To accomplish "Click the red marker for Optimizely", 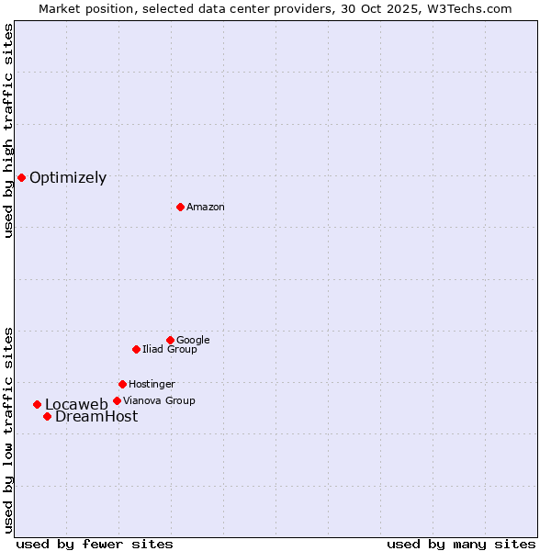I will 21,177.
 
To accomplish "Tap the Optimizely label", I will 68,178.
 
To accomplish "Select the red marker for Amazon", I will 180,207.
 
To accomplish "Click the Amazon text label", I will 206,208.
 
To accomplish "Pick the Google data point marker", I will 170,340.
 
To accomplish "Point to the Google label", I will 193,341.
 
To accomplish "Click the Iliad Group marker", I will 136,349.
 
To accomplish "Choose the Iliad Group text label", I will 170,350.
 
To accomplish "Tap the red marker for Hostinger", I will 122,384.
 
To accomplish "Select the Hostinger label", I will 152,385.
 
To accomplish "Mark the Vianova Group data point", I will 117,400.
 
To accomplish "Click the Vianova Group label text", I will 159,401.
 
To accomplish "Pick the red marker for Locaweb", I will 37,404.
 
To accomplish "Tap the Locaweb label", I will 76,405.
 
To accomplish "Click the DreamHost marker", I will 47,416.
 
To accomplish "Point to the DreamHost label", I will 96,417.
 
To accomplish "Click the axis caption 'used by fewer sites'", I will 95,544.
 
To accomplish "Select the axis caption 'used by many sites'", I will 461,544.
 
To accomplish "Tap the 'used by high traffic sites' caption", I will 8,130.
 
